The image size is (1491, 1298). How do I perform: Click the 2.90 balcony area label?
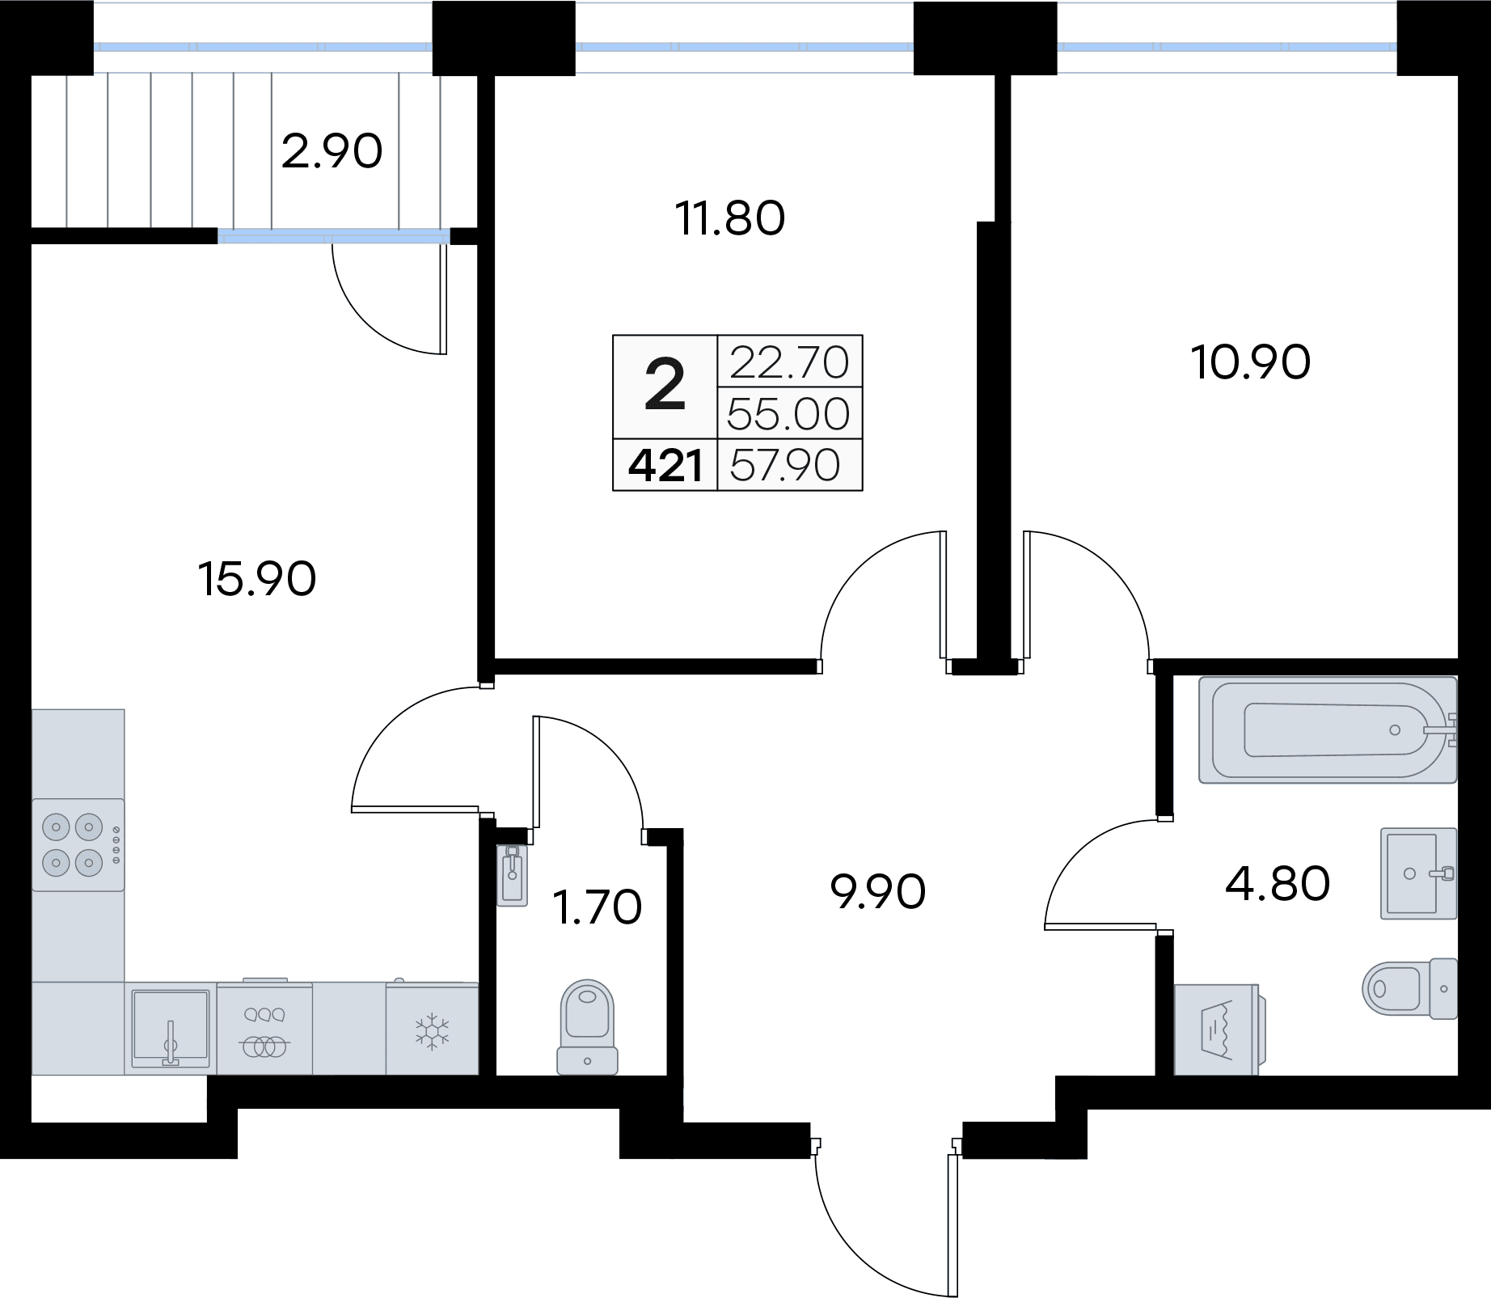click(x=332, y=152)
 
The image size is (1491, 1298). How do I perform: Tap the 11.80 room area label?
click(x=730, y=218)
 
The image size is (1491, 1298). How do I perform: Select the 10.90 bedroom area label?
click(x=1251, y=362)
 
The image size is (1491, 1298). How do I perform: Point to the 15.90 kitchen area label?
click(x=257, y=579)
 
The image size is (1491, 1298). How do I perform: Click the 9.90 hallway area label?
click(x=878, y=892)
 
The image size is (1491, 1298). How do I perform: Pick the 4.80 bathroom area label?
click(x=1278, y=883)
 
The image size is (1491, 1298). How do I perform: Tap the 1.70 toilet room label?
click(x=597, y=907)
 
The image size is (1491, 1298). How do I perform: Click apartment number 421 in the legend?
click(x=665, y=466)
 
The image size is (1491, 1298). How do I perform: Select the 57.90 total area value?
click(x=785, y=466)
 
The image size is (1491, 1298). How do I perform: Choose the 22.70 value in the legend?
click(x=789, y=362)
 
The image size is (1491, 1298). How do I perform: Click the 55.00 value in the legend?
click(x=788, y=414)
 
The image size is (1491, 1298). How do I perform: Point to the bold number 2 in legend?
click(x=665, y=387)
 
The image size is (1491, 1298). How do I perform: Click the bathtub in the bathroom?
click(x=1328, y=730)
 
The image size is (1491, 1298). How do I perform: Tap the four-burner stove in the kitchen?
click(x=78, y=845)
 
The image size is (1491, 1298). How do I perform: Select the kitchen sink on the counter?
click(x=171, y=1029)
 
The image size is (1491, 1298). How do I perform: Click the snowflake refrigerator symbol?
click(x=432, y=1031)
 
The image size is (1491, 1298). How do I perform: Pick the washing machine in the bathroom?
click(x=1216, y=1030)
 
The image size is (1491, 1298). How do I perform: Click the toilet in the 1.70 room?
click(x=588, y=1027)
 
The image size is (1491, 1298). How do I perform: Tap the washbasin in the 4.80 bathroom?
click(x=1418, y=873)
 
